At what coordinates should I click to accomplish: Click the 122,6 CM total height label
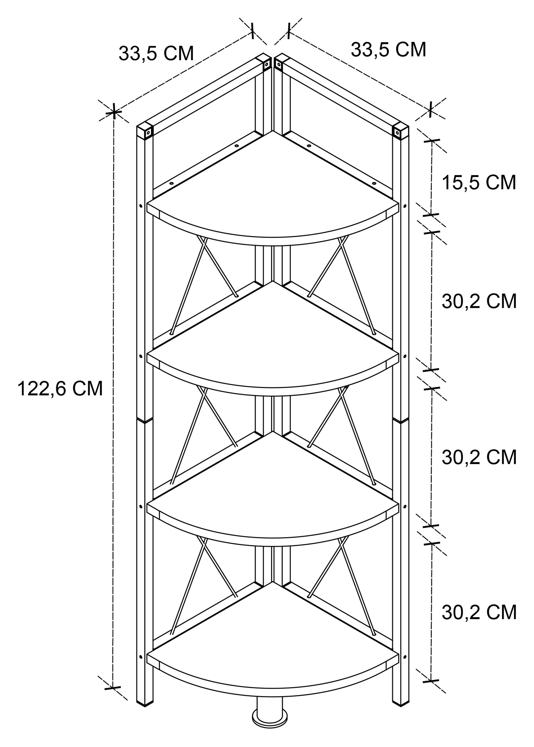click(60, 389)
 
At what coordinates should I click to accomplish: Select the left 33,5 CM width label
click(156, 53)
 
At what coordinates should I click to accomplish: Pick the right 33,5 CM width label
click(388, 50)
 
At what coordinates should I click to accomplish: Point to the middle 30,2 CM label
click(479, 457)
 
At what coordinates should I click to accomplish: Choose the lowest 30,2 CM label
click(479, 612)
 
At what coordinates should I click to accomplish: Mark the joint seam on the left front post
click(145, 420)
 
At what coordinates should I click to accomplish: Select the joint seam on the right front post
click(401, 420)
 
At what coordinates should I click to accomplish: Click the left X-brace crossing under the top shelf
click(204, 245)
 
